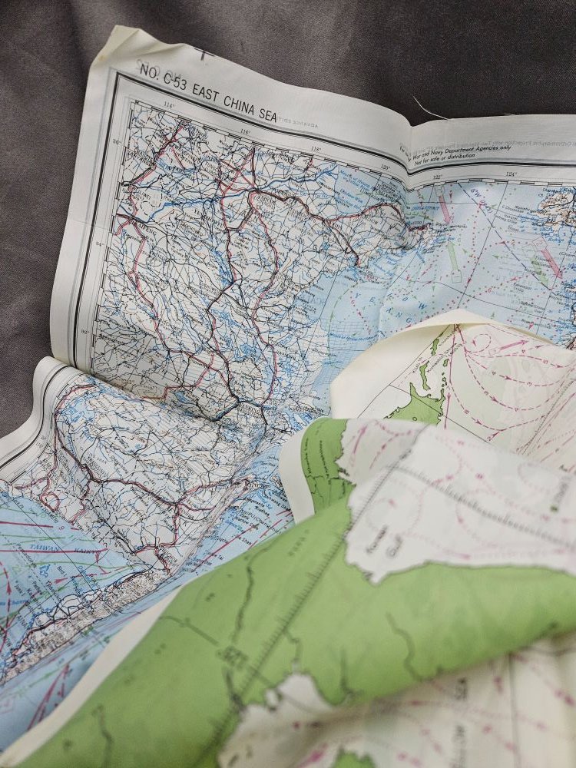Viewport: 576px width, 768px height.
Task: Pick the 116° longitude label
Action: coord(245,131)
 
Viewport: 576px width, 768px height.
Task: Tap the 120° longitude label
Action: coord(384,167)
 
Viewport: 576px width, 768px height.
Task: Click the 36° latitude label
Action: coord(118,142)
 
